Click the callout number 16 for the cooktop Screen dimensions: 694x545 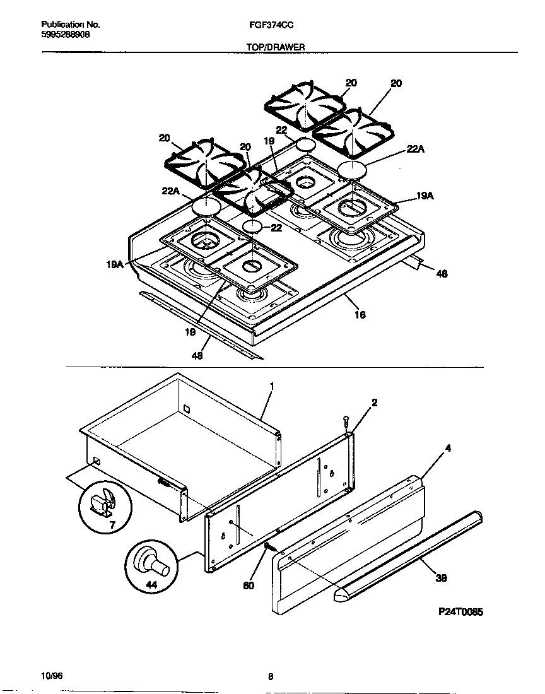coord(360,314)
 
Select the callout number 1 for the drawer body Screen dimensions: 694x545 coord(272,386)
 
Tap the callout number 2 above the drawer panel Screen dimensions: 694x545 coord(374,403)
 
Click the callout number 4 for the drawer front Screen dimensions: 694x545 coord(448,449)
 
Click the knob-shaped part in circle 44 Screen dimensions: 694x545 coord(153,562)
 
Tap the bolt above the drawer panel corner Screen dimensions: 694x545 coord(346,420)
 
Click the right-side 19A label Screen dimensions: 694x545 coord(425,196)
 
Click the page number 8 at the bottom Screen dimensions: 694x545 coord(270,677)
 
